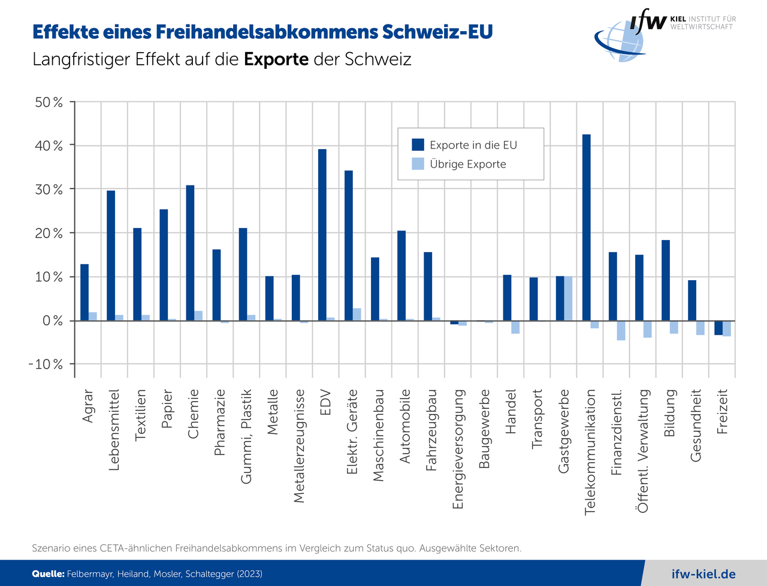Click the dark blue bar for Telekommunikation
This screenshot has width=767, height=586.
click(x=586, y=227)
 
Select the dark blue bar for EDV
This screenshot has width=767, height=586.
click(x=322, y=235)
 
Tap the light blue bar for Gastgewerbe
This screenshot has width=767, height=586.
click(x=568, y=298)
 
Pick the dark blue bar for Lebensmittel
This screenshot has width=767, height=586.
click(x=111, y=256)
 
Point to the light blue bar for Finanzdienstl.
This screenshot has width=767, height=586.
click(x=621, y=330)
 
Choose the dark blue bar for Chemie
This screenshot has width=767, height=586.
click(x=190, y=253)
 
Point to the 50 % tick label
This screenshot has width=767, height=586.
click(x=49, y=102)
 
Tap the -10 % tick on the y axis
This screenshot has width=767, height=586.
click(x=46, y=364)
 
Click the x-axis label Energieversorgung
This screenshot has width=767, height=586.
click(x=458, y=449)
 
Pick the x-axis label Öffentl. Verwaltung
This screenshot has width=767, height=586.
click(x=644, y=451)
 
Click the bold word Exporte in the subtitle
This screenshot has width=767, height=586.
click(x=276, y=59)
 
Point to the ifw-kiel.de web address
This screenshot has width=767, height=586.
click(x=703, y=574)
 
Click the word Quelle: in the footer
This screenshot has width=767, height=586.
click(x=48, y=574)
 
